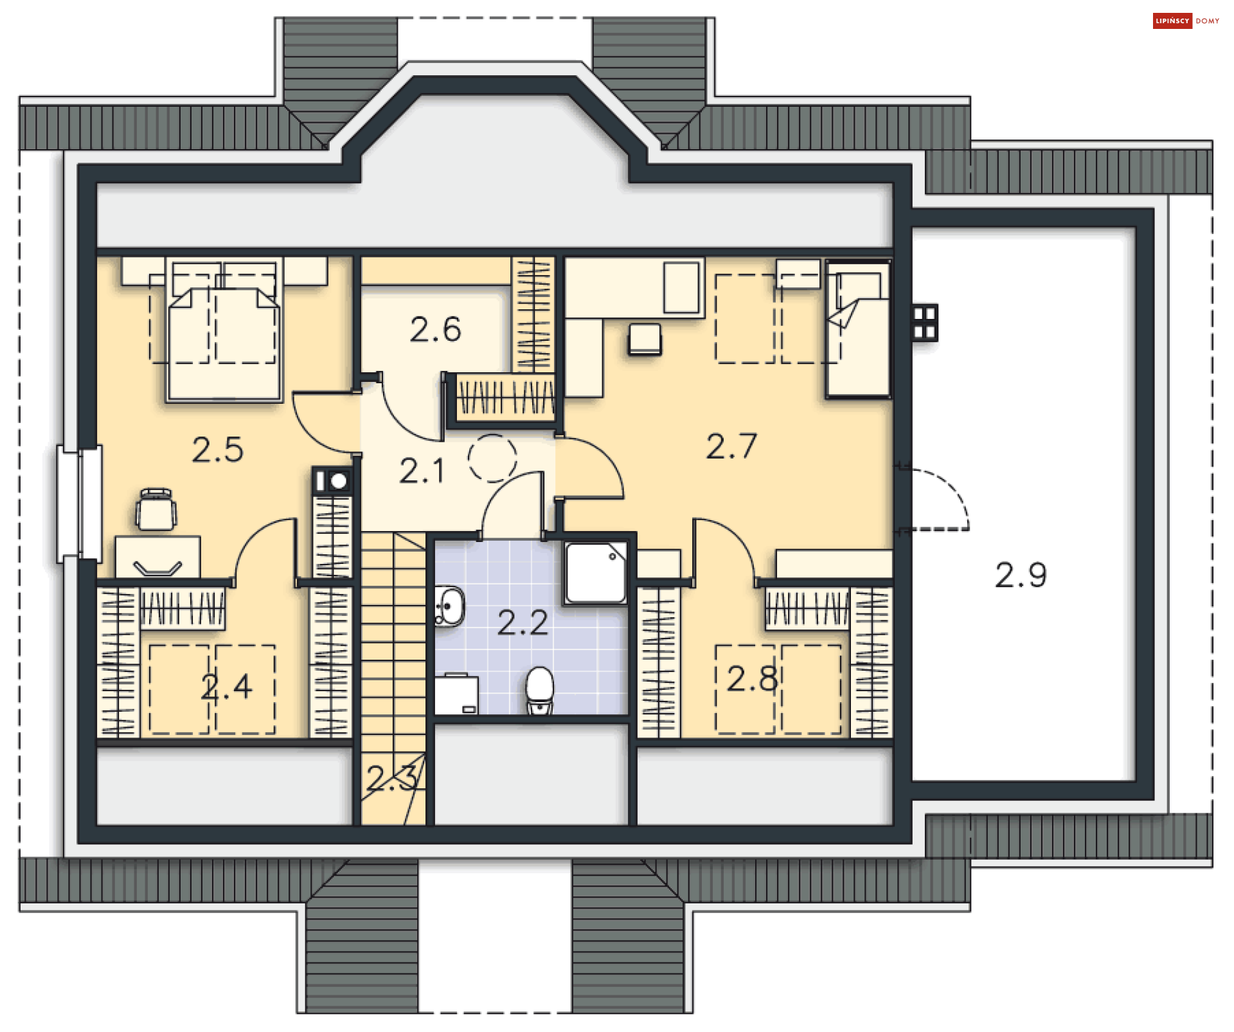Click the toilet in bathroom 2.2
tap(539, 689)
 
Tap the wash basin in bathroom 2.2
tap(450, 606)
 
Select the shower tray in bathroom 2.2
tap(596, 572)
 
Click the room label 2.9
tap(1021, 575)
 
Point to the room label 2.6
tap(435, 329)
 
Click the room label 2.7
tap(731, 446)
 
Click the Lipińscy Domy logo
tap(1186, 21)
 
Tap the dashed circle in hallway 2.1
tap(492, 458)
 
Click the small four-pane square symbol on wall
tap(924, 322)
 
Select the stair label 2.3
tap(391, 778)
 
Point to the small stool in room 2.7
tap(645, 338)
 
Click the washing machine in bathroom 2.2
tap(456, 694)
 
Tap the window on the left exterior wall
tap(79, 503)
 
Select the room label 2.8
tap(752, 678)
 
